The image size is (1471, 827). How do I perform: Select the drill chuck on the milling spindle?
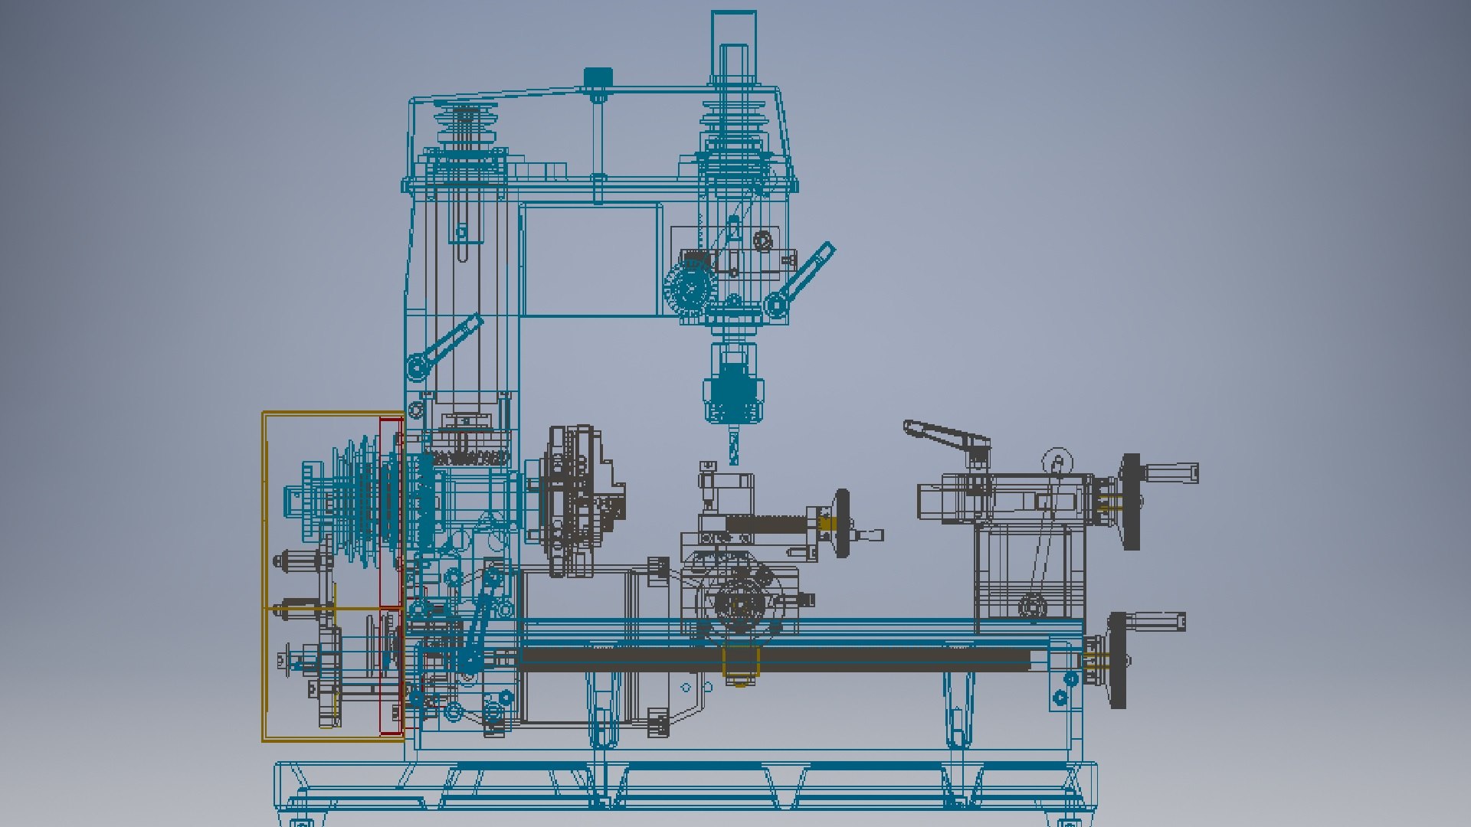733,394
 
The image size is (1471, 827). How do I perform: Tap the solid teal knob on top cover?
598,77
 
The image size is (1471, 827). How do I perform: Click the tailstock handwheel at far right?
1131,502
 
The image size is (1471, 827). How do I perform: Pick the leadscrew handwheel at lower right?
1118,659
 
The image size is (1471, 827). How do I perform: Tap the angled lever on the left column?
448,345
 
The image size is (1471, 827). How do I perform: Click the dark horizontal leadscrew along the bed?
774,659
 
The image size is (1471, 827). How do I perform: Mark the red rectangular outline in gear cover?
392,574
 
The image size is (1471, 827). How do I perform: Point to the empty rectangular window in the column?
590,260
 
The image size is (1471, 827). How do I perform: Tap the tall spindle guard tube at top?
733,46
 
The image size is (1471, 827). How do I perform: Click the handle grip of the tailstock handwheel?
1172,473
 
